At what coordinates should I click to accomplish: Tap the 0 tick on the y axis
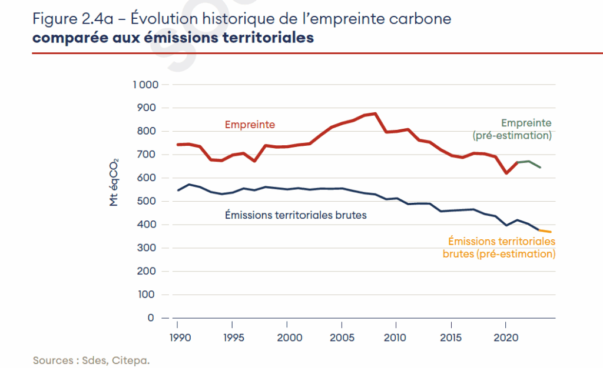tap(151, 318)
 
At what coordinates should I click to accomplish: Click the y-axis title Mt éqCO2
tap(114, 182)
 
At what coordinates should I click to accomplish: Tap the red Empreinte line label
tap(250, 125)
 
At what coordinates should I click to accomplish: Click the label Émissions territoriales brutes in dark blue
tap(296, 215)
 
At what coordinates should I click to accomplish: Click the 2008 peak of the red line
tap(375, 113)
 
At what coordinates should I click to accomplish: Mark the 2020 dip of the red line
tap(506, 173)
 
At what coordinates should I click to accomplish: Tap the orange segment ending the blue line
tap(545, 231)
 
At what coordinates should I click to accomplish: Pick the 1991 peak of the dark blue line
tap(188, 185)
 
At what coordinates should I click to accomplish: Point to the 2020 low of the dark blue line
tap(506, 225)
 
